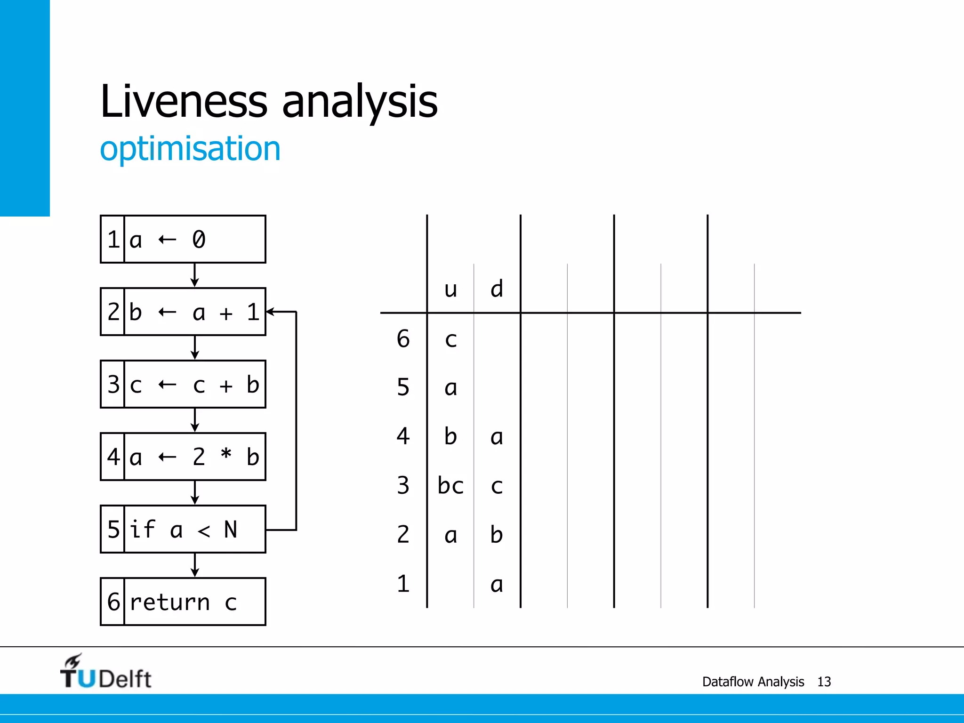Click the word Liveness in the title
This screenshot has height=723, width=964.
tap(184, 101)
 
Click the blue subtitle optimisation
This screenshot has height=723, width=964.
tap(190, 149)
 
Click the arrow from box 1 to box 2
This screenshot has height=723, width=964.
tap(195, 275)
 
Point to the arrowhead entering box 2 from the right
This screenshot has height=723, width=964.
tap(271, 312)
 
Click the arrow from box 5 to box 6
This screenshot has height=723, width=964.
tap(195, 565)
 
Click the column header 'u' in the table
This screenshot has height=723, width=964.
tap(450, 289)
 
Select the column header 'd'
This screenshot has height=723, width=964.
tap(497, 289)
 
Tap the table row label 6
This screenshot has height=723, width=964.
tap(403, 339)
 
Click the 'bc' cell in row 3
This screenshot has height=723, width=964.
tap(450, 485)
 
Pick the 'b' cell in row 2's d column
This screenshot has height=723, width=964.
tap(497, 535)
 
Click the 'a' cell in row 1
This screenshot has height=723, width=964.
tap(497, 584)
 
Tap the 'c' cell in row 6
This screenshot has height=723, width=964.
tap(450, 339)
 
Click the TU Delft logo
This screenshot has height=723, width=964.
tap(105, 672)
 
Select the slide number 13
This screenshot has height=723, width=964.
tap(824, 682)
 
